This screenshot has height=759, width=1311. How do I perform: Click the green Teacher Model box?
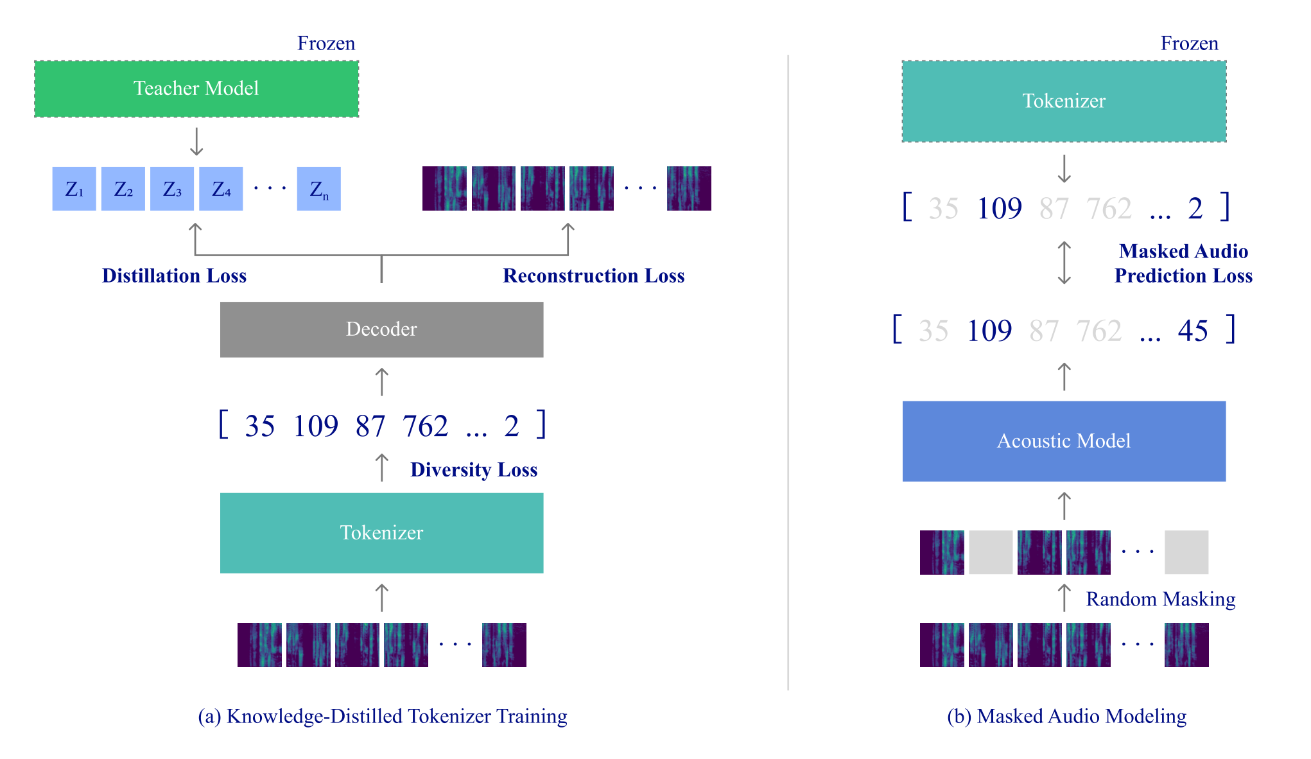(196, 89)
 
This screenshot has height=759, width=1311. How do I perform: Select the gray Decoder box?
(381, 329)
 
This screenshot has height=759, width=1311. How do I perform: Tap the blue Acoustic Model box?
(1064, 441)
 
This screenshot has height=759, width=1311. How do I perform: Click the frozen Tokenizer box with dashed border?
(1064, 101)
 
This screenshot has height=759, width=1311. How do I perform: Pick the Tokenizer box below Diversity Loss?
(381, 533)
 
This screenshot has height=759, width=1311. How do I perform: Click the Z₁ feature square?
(74, 189)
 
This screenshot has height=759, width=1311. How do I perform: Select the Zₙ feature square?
(319, 189)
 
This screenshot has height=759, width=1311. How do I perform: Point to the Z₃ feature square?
(172, 189)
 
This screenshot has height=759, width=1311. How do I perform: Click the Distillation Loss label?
(174, 275)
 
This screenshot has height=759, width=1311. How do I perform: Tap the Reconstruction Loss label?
(594, 275)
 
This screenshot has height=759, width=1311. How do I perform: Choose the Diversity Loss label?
(474, 469)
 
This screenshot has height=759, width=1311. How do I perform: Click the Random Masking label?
(1161, 598)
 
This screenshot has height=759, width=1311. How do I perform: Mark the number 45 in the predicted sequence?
(1193, 331)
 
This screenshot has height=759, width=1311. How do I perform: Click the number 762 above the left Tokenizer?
(425, 426)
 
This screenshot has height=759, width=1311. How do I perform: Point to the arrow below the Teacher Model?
(196, 142)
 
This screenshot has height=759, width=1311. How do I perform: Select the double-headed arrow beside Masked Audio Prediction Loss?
(1064, 263)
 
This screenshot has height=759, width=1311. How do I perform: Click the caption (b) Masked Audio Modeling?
(1066, 716)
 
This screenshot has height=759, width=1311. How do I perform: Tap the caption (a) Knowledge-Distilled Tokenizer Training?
(383, 716)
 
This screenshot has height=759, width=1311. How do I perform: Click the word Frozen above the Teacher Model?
(326, 43)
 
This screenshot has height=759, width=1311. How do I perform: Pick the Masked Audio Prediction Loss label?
(1184, 263)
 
